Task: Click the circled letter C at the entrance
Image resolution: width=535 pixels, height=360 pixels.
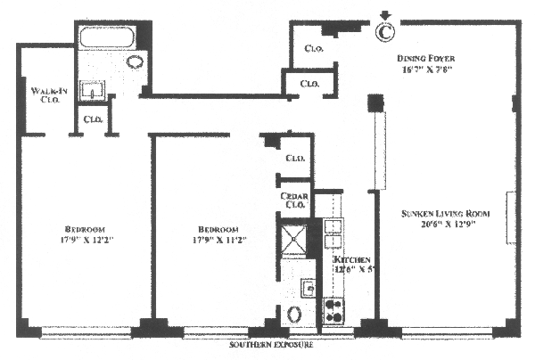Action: tap(384, 32)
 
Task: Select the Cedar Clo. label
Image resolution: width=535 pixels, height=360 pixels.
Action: tap(295, 200)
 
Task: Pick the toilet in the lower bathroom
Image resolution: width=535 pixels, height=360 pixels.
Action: tap(294, 316)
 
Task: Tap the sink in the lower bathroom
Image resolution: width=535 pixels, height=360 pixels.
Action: tap(307, 288)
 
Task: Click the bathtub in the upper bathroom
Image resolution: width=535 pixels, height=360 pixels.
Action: tap(105, 39)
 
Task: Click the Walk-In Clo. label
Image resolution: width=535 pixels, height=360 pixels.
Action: tap(45, 94)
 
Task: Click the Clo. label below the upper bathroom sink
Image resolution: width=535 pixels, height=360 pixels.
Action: tap(92, 119)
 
